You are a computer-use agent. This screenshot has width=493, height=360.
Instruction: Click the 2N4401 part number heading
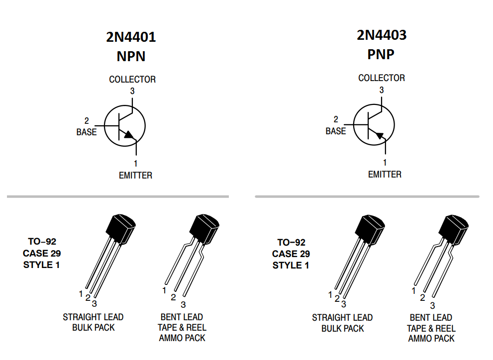point(131,37)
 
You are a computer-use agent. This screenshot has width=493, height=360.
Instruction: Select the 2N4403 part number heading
point(382,35)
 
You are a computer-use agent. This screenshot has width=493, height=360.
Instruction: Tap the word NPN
point(131,56)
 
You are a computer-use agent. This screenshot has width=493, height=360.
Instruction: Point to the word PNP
point(381,54)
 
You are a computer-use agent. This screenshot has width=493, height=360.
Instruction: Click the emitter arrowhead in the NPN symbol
point(129,135)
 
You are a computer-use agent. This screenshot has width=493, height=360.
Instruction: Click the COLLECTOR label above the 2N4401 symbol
point(132,80)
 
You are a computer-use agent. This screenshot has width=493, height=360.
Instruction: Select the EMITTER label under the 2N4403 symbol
point(385,175)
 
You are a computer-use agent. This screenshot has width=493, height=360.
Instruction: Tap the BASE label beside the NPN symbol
point(87,132)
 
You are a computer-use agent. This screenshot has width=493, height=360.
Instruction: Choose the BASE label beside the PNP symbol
point(336,131)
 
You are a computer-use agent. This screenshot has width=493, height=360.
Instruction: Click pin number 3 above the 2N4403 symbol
point(382,90)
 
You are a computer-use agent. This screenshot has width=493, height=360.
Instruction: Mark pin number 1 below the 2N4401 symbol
point(135,163)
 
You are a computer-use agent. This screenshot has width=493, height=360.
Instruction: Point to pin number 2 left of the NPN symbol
point(87,121)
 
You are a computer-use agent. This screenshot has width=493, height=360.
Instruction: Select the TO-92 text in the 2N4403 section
point(291,243)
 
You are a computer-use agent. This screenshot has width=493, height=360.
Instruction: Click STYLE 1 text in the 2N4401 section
point(41,265)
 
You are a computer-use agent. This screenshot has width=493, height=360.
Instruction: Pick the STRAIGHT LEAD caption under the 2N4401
point(93,317)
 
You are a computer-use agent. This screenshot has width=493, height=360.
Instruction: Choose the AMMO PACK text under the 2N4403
point(431,339)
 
